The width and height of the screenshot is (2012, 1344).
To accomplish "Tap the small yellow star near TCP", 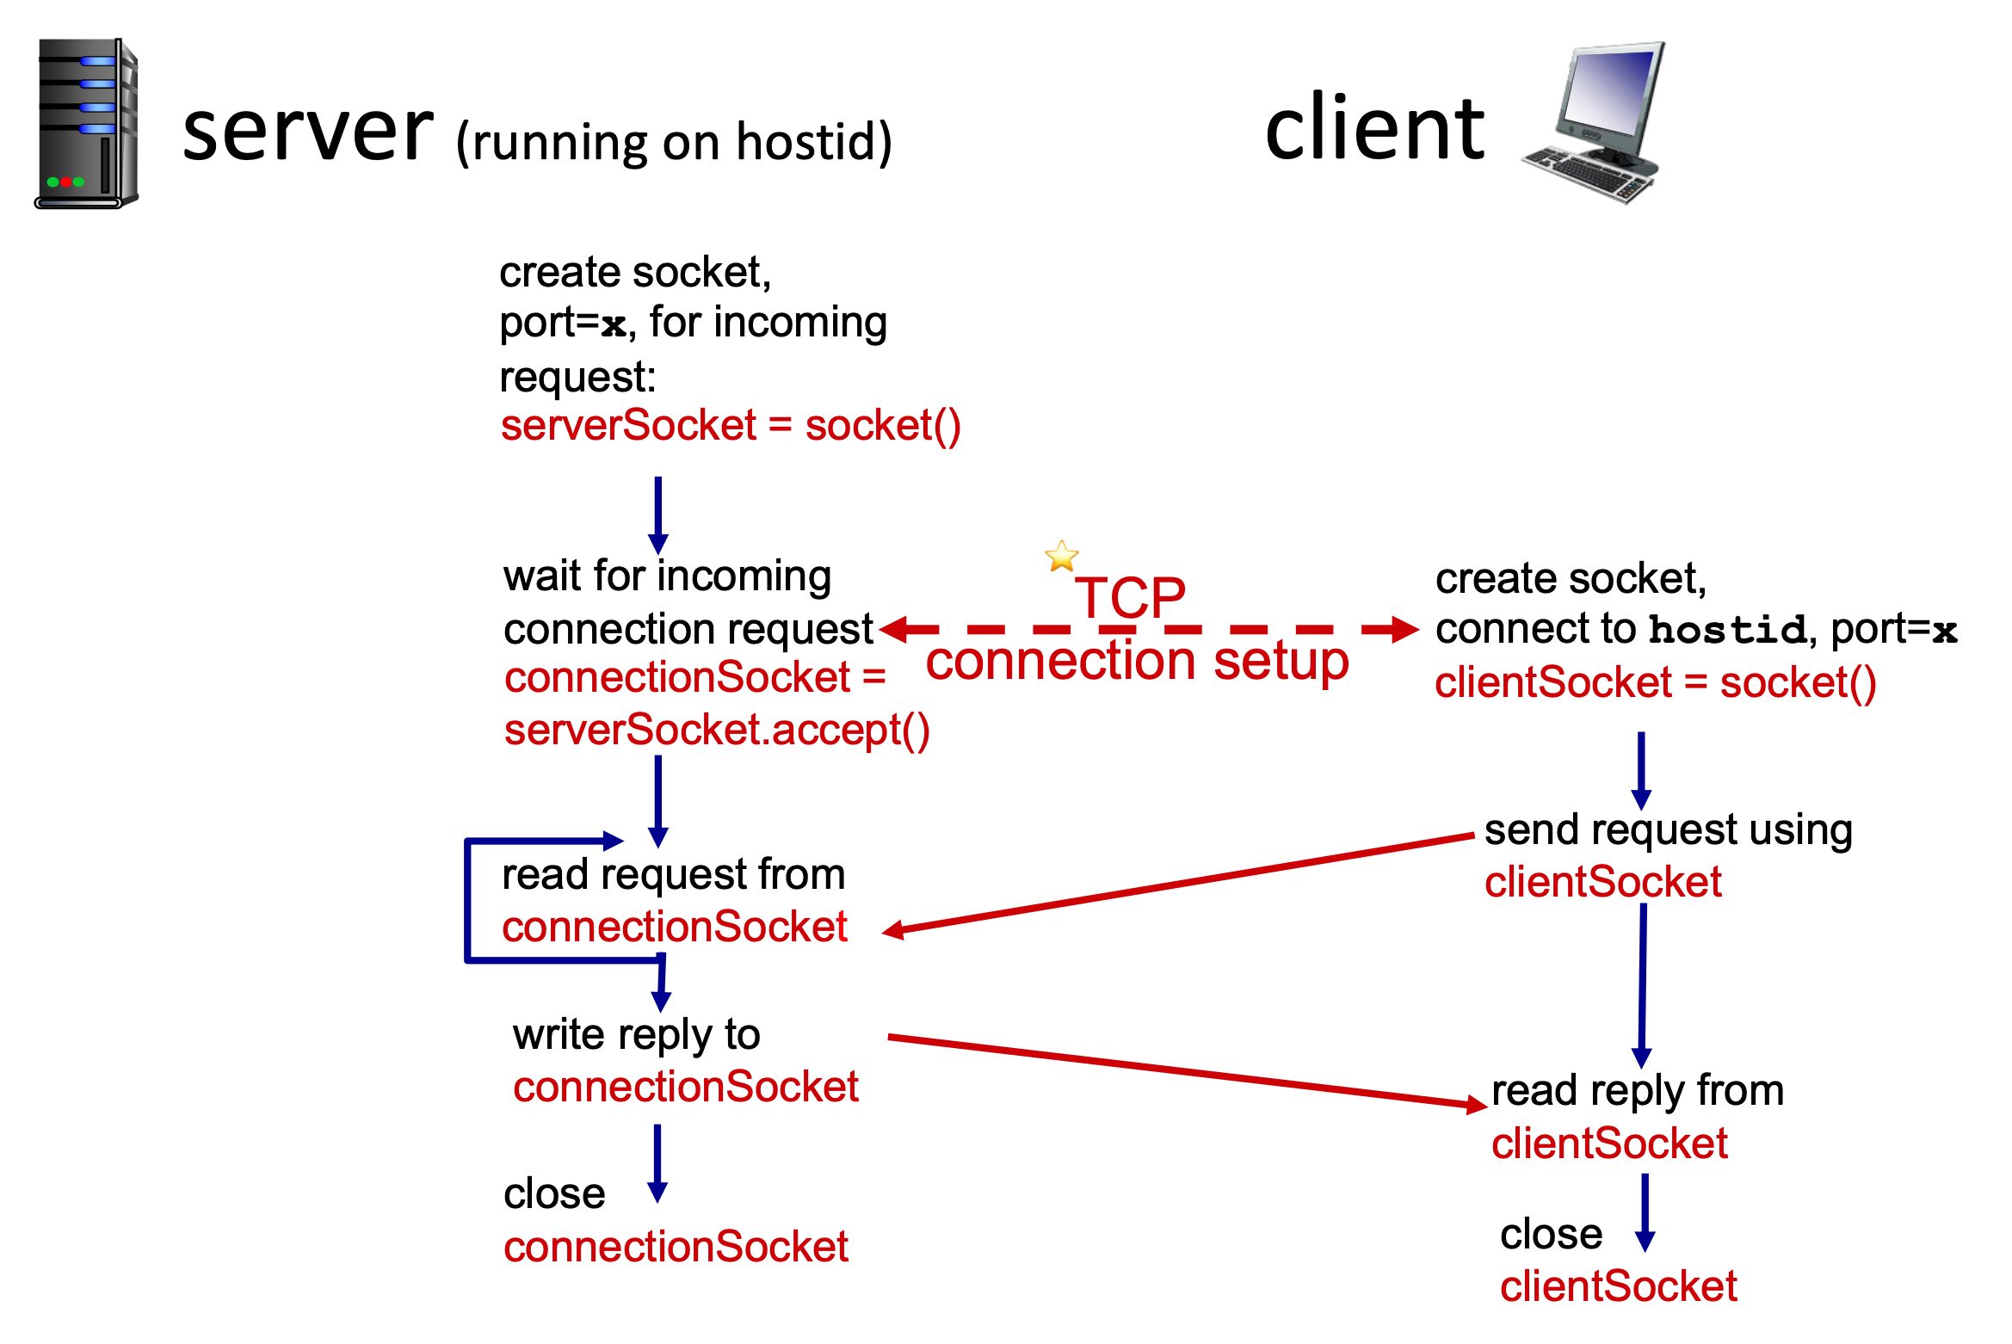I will coord(1061,557).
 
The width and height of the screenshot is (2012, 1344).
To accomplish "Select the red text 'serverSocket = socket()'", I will coord(730,426).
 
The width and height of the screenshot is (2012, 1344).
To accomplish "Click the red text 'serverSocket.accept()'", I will coord(716,731).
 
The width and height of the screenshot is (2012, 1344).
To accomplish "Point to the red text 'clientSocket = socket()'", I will coord(1655,683).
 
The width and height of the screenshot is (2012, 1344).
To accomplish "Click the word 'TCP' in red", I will coord(1130,597).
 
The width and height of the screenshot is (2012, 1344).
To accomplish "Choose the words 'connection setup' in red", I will coord(1137,661).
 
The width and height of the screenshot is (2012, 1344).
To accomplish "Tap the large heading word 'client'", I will coord(1374,129).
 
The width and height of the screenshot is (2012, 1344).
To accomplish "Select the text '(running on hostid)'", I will coord(674,142).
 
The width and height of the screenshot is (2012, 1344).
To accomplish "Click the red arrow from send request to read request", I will coord(1179,883).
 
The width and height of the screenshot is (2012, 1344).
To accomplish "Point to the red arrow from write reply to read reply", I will coord(1188,1071).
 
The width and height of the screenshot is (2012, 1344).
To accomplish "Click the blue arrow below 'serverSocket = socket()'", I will coord(658,515).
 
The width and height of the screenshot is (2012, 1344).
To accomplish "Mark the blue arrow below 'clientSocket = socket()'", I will coord(1641,770).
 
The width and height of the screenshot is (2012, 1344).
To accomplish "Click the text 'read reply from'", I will coord(1637,1091).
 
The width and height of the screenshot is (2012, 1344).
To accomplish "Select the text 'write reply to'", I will coord(636,1035).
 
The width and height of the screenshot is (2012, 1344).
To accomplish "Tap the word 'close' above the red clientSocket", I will coord(1551,1235).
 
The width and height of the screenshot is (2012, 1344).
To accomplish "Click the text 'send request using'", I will coord(1668,830).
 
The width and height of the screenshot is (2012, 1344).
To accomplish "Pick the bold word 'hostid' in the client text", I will coord(1727,630).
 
